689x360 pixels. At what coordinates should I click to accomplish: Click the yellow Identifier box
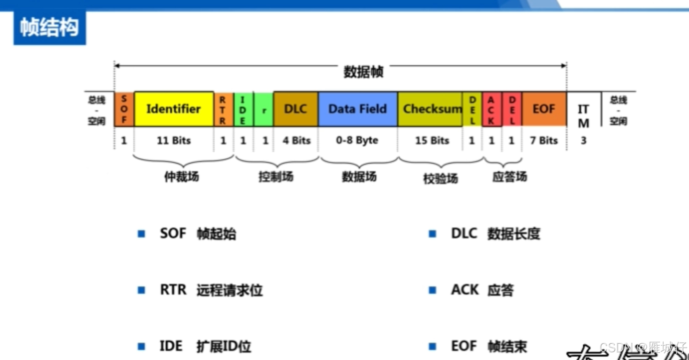[x=173, y=109]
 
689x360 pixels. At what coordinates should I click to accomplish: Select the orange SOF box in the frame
[x=124, y=109]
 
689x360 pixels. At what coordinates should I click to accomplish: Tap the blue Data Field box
[x=357, y=109]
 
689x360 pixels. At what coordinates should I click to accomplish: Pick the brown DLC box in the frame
[x=295, y=109]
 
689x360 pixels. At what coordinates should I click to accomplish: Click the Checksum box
[x=430, y=109]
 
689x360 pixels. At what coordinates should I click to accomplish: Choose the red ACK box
[x=492, y=109]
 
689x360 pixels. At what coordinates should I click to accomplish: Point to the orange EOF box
[x=544, y=109]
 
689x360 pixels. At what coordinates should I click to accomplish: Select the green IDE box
[x=243, y=109]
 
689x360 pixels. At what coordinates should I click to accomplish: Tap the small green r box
[x=264, y=109]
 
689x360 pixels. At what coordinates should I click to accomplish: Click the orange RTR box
[x=223, y=109]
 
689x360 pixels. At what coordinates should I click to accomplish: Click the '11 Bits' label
[x=173, y=140]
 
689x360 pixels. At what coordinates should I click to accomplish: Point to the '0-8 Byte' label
[x=357, y=140]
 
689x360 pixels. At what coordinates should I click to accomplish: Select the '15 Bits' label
[x=432, y=140]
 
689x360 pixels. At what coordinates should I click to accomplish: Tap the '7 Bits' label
[x=544, y=140]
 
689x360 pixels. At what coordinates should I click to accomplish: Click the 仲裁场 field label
[x=181, y=177]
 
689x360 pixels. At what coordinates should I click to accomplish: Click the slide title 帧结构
[x=49, y=28]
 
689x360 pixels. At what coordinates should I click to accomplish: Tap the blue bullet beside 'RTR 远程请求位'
[x=141, y=290]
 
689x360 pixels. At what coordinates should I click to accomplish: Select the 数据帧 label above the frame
[x=364, y=72]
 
